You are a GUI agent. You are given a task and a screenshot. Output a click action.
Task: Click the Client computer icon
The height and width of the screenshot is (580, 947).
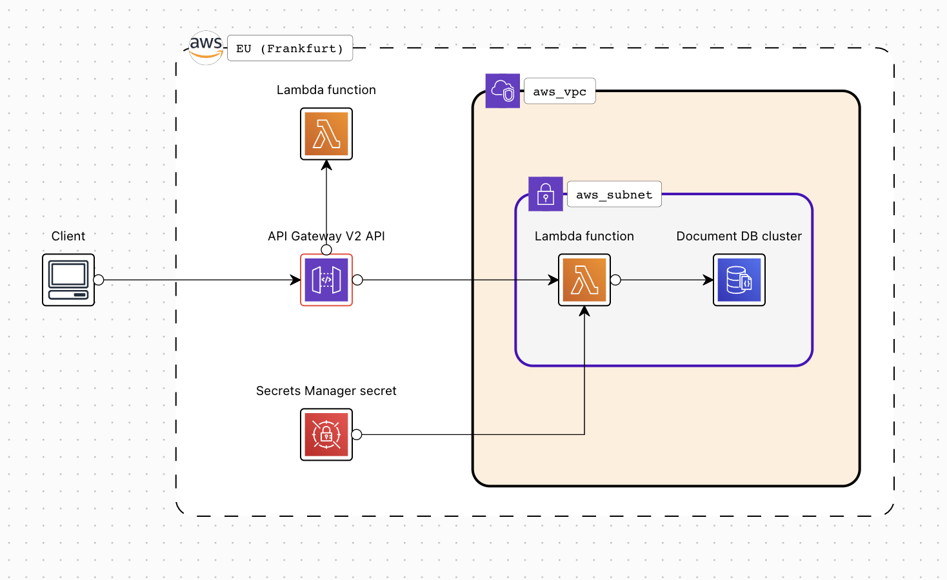point(68,280)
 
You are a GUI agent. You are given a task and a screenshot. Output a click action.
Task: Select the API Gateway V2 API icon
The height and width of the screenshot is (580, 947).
point(326,280)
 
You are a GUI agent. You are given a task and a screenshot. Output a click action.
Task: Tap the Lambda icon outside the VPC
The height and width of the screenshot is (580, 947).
point(326,134)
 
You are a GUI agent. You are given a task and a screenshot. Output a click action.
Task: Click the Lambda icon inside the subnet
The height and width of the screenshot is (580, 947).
point(584,280)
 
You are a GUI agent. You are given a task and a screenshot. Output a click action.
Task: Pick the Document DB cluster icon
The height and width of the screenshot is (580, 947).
point(739,280)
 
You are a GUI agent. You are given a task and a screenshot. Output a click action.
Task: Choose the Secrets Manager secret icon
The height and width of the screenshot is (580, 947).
point(326,434)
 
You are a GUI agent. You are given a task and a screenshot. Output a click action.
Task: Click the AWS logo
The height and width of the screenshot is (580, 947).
point(206,47)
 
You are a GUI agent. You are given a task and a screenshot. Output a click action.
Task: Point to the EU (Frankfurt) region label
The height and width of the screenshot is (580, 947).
point(290,48)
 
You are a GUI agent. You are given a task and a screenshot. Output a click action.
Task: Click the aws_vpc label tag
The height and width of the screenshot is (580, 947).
point(559,92)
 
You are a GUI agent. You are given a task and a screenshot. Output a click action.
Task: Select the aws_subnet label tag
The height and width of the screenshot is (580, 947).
point(614,195)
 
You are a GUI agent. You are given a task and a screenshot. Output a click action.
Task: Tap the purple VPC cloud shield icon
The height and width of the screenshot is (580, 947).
point(503,90)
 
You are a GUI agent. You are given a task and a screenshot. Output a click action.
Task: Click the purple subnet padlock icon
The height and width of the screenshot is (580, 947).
point(546,194)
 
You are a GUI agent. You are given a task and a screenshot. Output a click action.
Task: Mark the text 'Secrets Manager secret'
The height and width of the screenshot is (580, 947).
point(326,391)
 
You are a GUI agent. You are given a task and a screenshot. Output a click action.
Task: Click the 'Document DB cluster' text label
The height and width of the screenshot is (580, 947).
point(739,236)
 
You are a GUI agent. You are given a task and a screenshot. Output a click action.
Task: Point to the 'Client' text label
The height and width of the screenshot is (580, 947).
point(68,236)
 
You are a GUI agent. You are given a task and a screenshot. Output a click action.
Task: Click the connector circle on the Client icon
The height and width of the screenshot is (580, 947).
point(99,280)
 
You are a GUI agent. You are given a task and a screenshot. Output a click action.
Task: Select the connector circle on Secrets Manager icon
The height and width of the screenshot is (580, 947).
point(357,434)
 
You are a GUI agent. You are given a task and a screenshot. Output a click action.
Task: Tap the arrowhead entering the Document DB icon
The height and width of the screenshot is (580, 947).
point(708,280)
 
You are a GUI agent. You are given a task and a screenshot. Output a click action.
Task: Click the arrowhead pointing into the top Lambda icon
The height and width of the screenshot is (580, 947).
point(326,165)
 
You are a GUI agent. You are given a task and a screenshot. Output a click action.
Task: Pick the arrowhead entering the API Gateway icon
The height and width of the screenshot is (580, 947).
point(295,280)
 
